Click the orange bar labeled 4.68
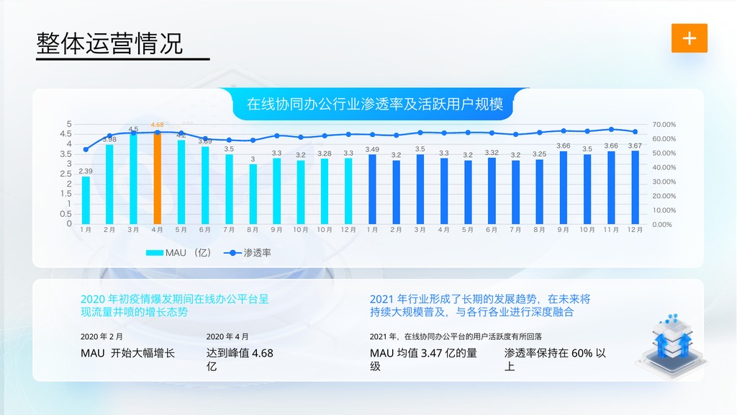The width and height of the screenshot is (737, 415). coord(157,178)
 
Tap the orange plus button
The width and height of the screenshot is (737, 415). coord(689,38)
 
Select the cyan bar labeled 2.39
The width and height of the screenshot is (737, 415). coord(86,200)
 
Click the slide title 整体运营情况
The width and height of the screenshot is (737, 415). coord(109,43)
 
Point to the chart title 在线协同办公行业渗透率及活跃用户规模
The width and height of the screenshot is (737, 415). coord(374,104)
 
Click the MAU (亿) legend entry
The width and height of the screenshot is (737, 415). coord(178,253)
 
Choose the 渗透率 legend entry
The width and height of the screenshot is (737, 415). coord(248,253)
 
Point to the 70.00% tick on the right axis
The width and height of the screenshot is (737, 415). coord(664,124)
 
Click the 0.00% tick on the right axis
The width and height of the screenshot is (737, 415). coord(662,225)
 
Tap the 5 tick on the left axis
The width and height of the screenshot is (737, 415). coord(69,124)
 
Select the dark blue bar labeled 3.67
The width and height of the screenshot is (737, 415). coord(635,187)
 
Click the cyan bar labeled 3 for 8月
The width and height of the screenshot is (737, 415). coord(253,194)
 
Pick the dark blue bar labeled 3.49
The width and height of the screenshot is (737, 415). coord(372,189)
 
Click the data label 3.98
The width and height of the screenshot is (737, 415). coord(109,139)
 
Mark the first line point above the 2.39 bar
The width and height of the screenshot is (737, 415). coord(86,150)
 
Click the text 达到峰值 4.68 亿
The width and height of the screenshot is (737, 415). coord(240,360)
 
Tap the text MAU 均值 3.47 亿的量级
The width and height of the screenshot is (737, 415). coord(423,360)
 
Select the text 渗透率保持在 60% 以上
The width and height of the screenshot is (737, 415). coord(555,360)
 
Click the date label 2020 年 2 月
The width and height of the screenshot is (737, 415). coord(101,336)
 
